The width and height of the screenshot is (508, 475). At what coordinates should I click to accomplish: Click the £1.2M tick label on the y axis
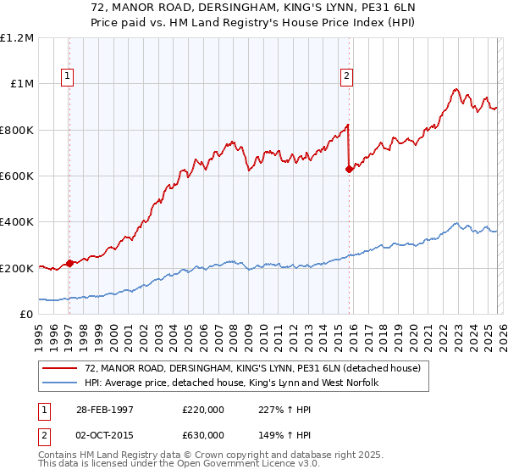(x=17, y=38)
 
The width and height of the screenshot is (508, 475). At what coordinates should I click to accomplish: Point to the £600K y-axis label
(x=17, y=176)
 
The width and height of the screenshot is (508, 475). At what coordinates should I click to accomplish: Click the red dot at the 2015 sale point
(x=349, y=169)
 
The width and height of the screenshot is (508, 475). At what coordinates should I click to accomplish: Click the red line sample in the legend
(x=61, y=368)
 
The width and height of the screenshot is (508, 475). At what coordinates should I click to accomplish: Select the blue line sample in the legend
(x=61, y=383)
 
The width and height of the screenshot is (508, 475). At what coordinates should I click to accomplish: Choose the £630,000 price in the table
(x=203, y=434)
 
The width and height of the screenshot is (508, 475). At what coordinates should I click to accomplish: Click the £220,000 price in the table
(x=203, y=410)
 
